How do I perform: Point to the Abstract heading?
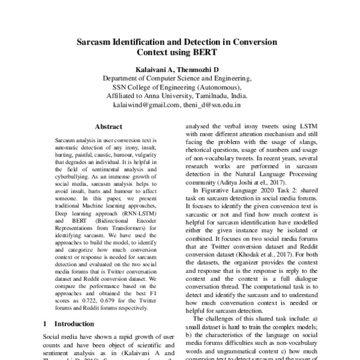coord(109,127)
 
